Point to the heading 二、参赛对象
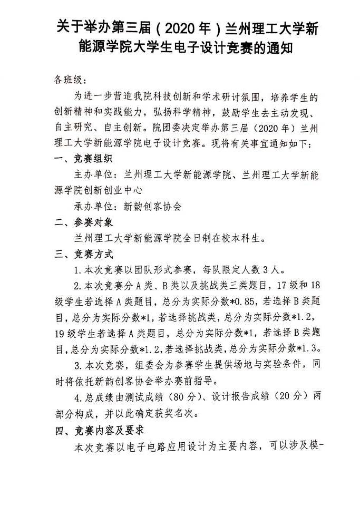(83, 222)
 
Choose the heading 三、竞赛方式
(83, 255)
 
